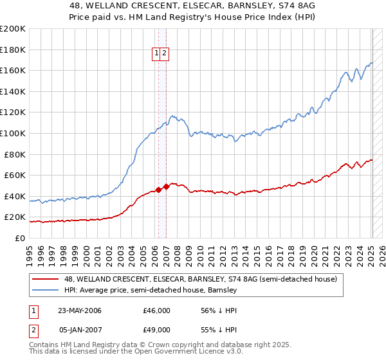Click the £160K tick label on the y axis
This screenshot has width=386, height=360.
click(13, 70)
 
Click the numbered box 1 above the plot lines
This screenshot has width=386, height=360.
click(157, 54)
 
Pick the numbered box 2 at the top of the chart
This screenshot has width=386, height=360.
click(165, 54)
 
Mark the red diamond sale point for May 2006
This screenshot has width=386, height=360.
click(158, 190)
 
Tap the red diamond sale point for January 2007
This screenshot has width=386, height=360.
click(165, 186)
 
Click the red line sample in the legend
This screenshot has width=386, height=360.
click(46, 279)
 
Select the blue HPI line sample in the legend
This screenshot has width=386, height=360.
click(46, 291)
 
